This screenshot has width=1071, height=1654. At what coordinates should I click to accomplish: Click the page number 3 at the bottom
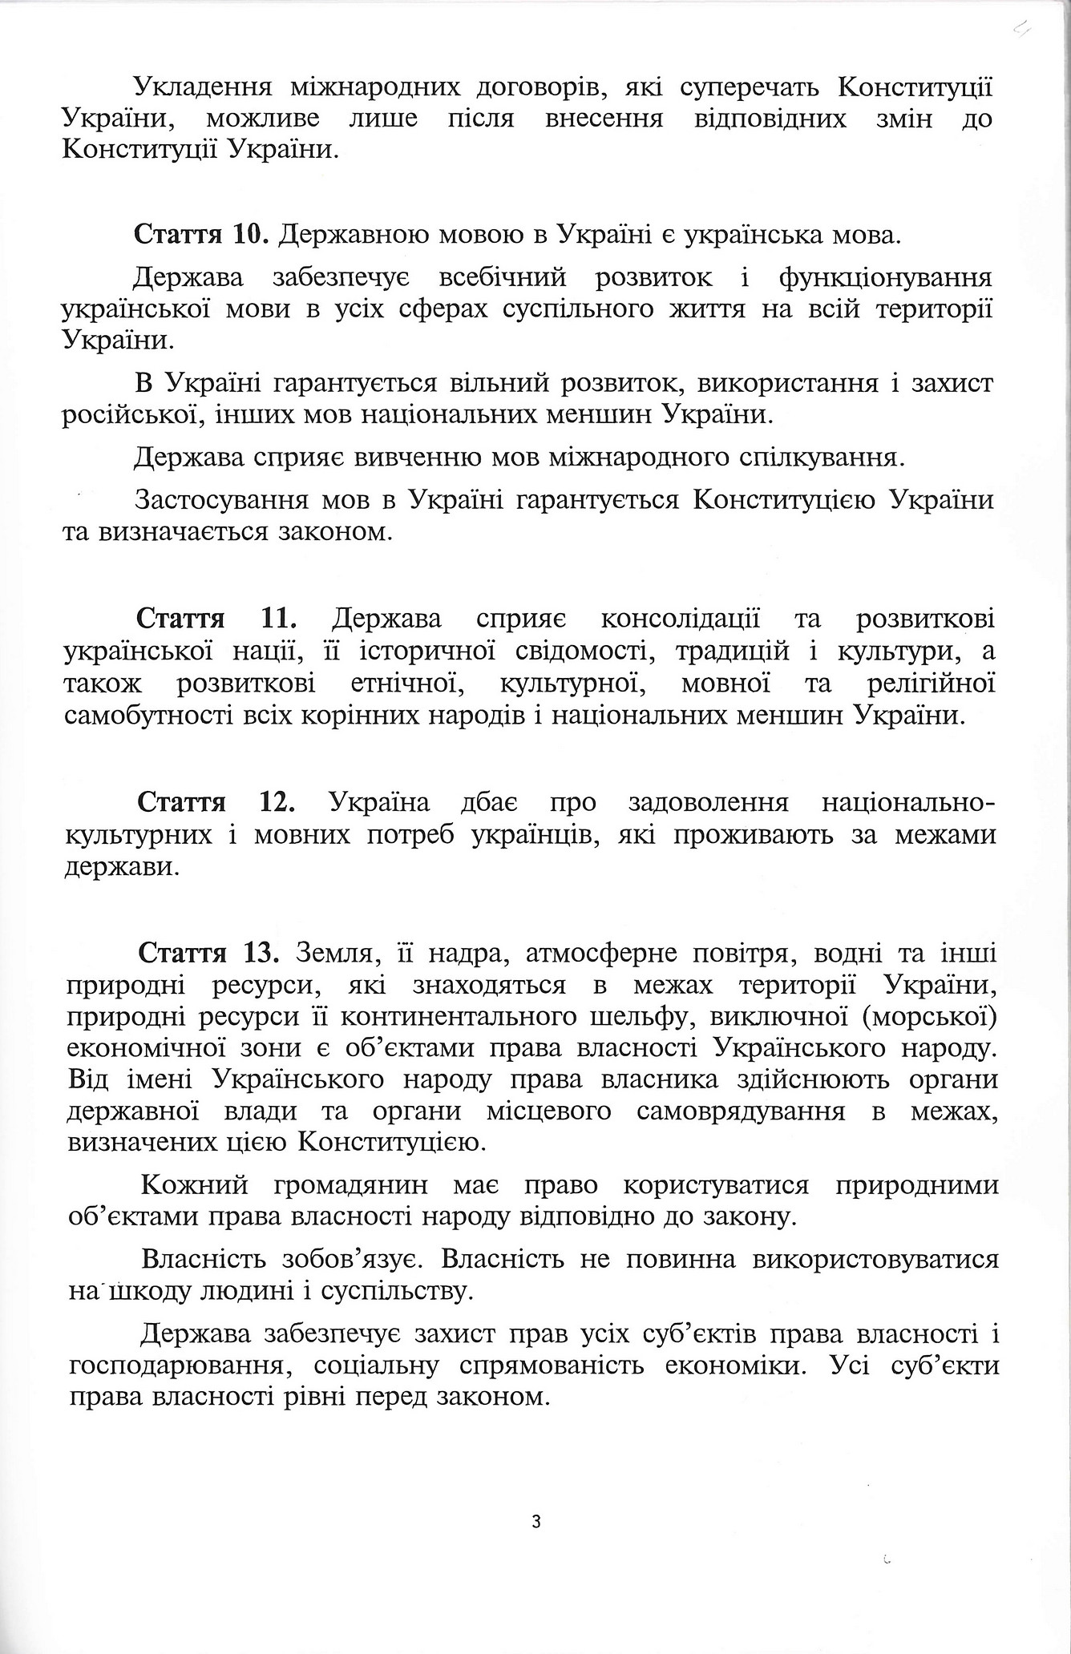[536, 1521]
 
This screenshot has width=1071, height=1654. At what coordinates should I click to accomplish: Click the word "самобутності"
[148, 715]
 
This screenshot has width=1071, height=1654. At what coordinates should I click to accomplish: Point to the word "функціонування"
[885, 277]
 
